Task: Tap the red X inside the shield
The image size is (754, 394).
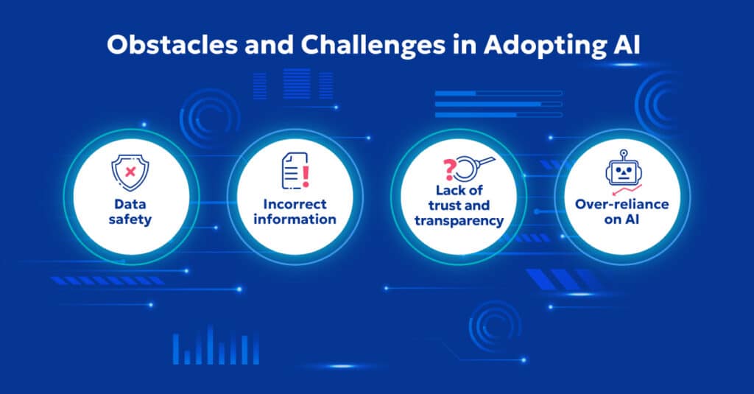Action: click(130, 172)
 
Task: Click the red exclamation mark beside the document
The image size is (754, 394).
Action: click(304, 175)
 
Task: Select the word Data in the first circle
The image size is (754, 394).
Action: click(130, 203)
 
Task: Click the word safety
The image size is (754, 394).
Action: click(130, 219)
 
